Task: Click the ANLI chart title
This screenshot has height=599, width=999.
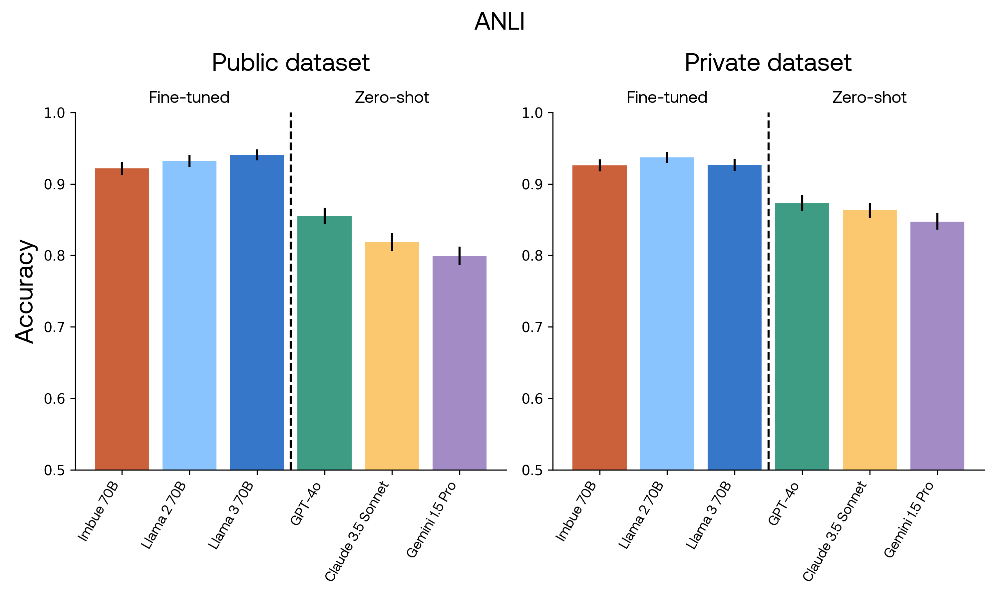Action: tap(499, 21)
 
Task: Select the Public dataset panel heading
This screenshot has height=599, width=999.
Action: tap(291, 63)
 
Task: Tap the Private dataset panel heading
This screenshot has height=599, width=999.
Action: tap(768, 63)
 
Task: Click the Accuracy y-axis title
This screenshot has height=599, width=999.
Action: tap(25, 292)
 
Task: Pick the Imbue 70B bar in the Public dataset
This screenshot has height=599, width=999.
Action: tap(122, 319)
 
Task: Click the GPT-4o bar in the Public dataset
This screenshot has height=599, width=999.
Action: tap(324, 343)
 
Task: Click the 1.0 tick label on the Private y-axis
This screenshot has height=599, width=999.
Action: tap(532, 113)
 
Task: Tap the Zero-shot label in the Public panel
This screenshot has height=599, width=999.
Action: tap(392, 98)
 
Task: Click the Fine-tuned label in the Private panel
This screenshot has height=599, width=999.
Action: tap(667, 98)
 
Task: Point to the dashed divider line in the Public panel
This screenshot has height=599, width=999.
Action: tap(291, 291)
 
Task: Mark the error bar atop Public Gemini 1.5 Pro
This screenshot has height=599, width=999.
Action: tap(460, 256)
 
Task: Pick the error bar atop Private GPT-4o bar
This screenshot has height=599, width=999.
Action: tap(802, 203)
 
